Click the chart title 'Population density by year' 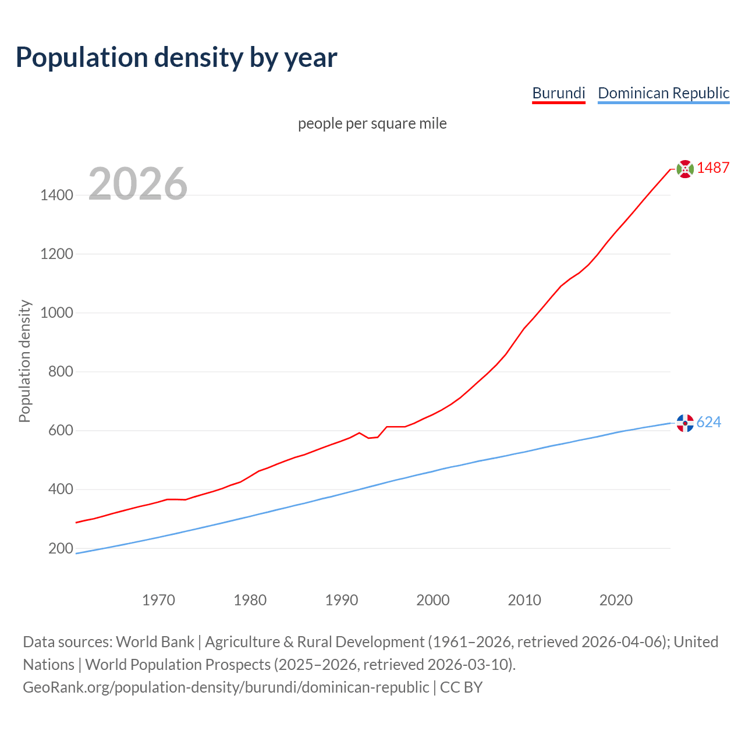click(x=176, y=57)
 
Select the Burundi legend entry click(x=558, y=93)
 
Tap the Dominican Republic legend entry click(x=664, y=93)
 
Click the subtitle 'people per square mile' click(x=372, y=123)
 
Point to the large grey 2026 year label click(x=138, y=184)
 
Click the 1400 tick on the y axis click(x=56, y=195)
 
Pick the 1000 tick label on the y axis click(x=56, y=313)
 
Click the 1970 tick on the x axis click(x=158, y=600)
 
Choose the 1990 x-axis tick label click(x=342, y=600)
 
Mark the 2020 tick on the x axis click(x=616, y=600)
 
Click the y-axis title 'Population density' click(x=24, y=361)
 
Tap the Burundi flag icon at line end click(x=685, y=169)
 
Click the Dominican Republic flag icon click(x=685, y=423)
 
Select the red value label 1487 click(x=713, y=168)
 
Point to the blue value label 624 click(x=708, y=422)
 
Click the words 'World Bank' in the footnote click(x=155, y=641)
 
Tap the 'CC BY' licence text click(x=461, y=687)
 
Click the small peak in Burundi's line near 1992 click(x=359, y=433)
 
